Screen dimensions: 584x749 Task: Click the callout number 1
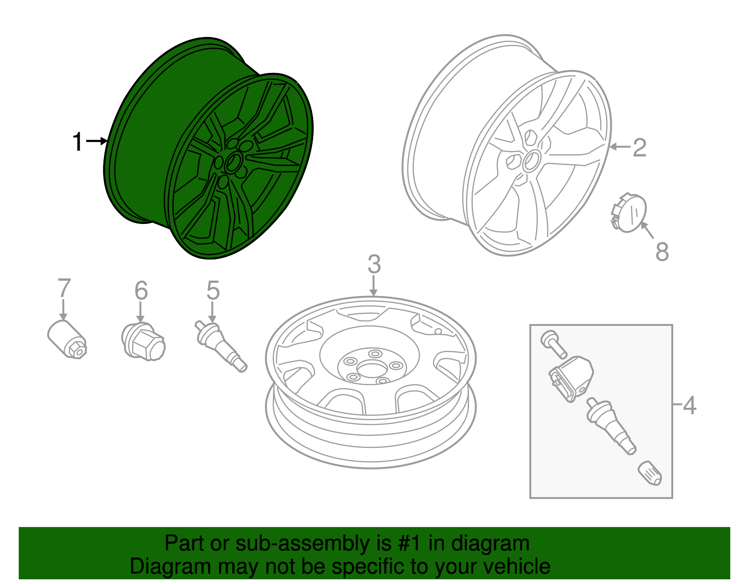click(x=78, y=142)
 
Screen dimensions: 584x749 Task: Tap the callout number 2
click(x=639, y=148)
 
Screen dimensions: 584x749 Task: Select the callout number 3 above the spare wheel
click(x=374, y=265)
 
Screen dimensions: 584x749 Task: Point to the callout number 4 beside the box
click(x=690, y=405)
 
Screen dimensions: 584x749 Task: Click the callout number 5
click(x=213, y=291)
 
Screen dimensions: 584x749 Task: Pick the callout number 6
click(x=141, y=291)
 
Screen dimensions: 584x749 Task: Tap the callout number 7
click(x=64, y=288)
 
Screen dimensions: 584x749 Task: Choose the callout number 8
click(x=662, y=252)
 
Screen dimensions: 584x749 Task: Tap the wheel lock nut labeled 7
click(x=67, y=339)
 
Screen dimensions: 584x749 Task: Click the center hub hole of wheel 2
click(x=531, y=161)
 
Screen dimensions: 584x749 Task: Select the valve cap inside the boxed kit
click(x=650, y=473)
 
